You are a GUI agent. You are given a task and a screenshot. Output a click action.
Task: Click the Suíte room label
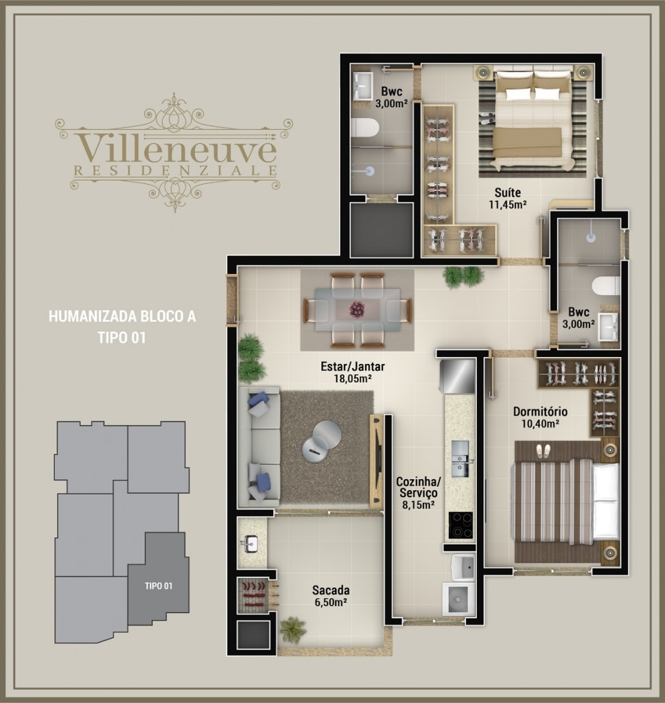tap(508, 193)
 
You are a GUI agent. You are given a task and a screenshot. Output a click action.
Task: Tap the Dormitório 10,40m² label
tap(540, 417)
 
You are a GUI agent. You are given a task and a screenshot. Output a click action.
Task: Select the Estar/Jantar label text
tap(353, 367)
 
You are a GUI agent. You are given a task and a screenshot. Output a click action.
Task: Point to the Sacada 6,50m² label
tap(331, 596)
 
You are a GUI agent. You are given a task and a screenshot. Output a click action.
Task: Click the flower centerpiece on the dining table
tap(357, 309)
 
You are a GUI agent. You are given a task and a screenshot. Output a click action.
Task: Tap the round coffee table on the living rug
tap(321, 441)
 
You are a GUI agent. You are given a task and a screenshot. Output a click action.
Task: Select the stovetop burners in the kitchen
tap(460, 525)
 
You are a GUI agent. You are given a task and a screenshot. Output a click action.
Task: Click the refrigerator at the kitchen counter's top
tap(458, 376)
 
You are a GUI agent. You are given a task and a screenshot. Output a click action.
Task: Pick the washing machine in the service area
tap(458, 599)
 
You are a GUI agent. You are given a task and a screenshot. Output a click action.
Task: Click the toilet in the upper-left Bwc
tap(365, 128)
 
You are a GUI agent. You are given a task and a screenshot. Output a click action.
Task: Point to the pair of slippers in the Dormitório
tap(544, 450)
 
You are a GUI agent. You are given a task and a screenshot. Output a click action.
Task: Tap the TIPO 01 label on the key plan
tap(158, 586)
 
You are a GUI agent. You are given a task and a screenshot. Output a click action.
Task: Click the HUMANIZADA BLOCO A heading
tap(122, 316)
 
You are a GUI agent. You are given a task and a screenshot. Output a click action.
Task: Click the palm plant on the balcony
tap(293, 630)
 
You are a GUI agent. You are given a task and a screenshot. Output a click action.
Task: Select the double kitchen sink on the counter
tap(460, 459)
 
